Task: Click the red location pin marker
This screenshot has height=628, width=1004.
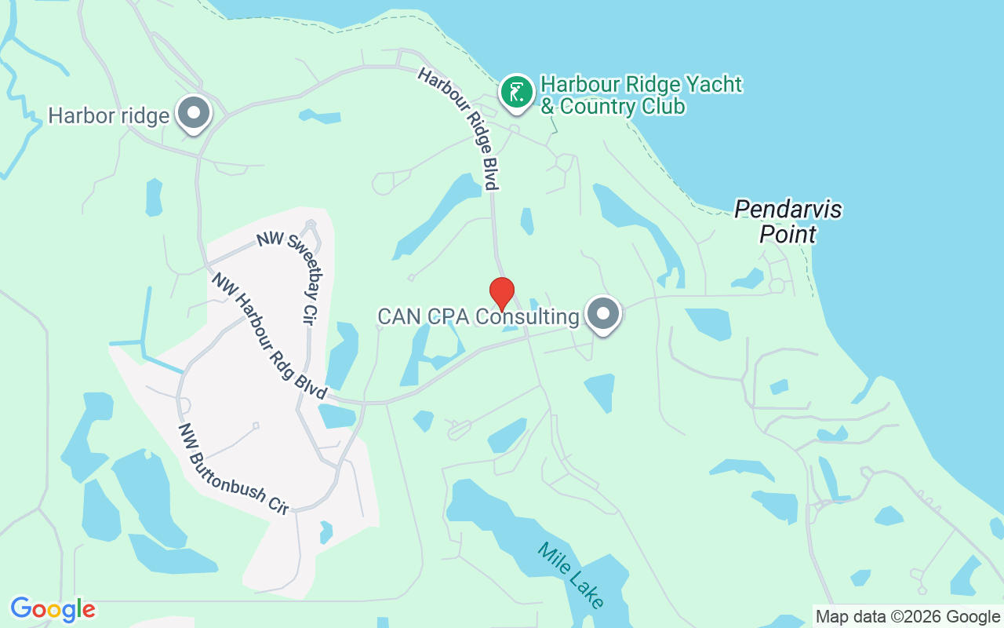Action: point(502,294)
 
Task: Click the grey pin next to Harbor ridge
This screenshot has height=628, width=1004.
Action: point(193,113)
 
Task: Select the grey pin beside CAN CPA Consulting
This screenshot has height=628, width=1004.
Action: point(603,314)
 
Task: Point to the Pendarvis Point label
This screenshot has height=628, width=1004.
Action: point(788,221)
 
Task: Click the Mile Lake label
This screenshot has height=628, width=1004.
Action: point(571,575)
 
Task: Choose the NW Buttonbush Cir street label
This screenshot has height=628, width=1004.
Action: point(233,469)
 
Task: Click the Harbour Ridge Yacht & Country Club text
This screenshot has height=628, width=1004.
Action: point(640,95)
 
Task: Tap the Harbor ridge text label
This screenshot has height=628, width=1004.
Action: point(108,116)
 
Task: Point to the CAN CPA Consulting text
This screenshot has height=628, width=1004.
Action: point(478,317)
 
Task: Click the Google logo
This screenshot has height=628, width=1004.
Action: point(53,609)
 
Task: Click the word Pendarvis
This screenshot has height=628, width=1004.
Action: point(788,210)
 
